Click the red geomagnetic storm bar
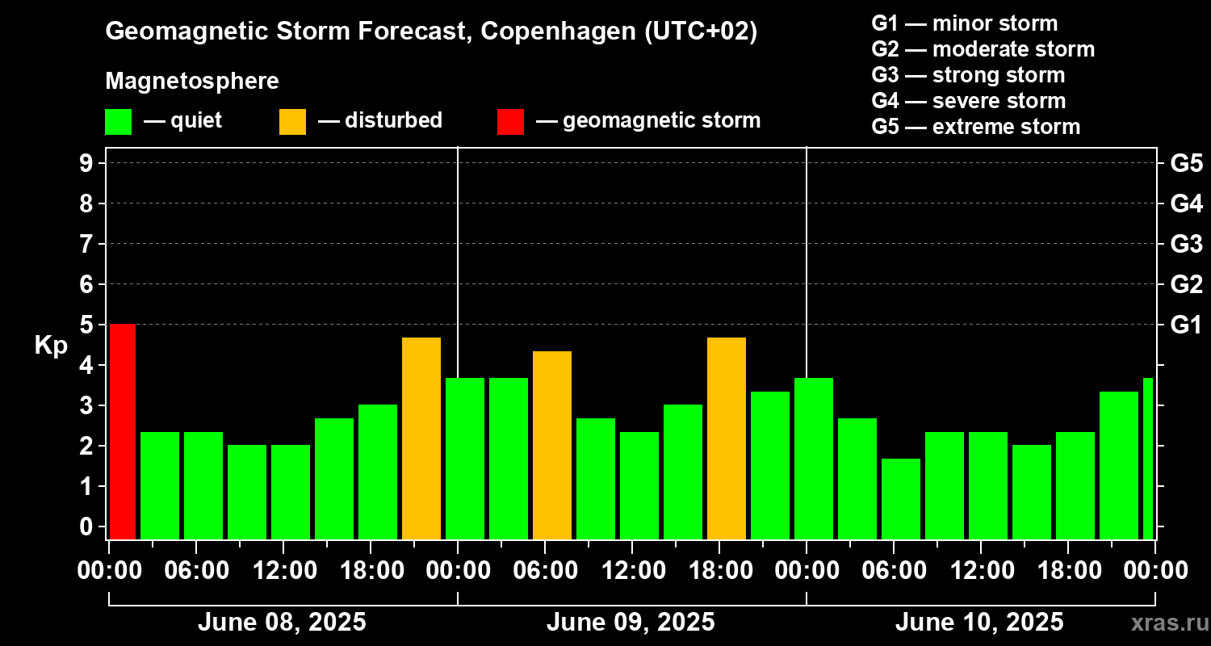[123, 431]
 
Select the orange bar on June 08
[421, 438]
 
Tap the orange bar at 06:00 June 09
[552, 445]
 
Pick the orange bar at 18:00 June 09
[727, 438]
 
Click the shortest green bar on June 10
[901, 499]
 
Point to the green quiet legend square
[118, 121]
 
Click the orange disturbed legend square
[292, 121]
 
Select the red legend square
[510, 121]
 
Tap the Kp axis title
[50, 346]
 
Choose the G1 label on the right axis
[1186, 325]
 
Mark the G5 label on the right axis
[1186, 163]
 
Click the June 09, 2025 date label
[631, 623]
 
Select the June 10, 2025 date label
[979, 623]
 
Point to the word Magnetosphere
[192, 82]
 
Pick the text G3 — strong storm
[968, 75]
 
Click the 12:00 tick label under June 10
[979, 571]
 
